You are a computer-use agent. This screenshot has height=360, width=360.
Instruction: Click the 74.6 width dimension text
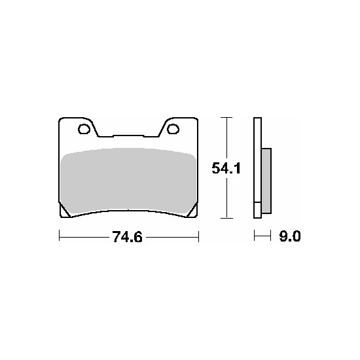coord(127,237)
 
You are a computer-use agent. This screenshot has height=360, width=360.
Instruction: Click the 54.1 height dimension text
coord(226,168)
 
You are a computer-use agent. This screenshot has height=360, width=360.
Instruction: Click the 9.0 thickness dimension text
coord(290,236)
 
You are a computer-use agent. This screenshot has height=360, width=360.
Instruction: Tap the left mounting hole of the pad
coord(84,129)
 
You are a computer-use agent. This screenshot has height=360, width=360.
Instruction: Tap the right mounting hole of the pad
coord(173,129)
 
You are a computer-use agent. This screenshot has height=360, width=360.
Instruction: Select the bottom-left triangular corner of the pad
coord(64,212)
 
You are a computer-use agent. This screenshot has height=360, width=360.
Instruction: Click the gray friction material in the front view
coord(128,181)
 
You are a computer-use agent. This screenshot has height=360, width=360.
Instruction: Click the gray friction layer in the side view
coord(266,181)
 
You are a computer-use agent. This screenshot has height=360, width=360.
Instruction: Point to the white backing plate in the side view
coord(257,168)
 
